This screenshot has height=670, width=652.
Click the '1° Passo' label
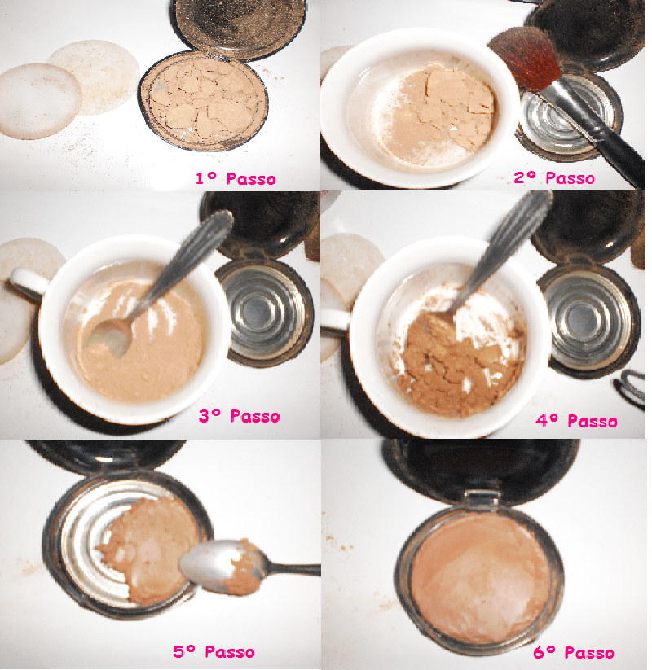click(x=236, y=178)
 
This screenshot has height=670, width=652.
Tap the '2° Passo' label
click(x=554, y=177)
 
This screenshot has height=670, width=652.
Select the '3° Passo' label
click(x=240, y=416)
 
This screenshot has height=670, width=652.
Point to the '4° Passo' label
click(x=577, y=421)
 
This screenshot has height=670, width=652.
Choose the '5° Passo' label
click(x=214, y=651)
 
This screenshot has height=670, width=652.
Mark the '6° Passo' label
click(x=574, y=652)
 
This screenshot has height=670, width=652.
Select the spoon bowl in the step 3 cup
click(x=107, y=338)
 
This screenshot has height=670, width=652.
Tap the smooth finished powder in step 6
click(x=482, y=577)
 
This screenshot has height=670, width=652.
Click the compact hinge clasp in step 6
click(x=482, y=500)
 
